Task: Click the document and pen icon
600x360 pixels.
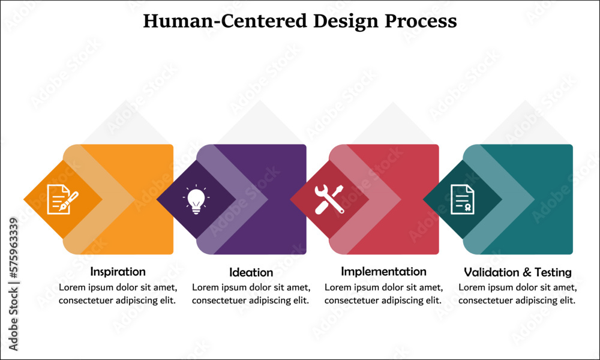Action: point(62,199)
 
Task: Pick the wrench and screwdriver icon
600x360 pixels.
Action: point(329,199)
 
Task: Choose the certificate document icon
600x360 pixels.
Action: point(462,199)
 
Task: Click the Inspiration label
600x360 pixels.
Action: point(118,272)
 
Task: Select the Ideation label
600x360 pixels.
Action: point(251,272)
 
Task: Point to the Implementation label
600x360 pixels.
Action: point(383,272)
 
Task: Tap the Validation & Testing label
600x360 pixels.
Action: point(517,272)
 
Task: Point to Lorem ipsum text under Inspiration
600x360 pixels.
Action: point(118,294)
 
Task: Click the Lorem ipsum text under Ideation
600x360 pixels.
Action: point(251,294)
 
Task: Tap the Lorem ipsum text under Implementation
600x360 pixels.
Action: point(383,294)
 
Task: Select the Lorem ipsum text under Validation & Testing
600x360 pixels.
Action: point(517,294)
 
